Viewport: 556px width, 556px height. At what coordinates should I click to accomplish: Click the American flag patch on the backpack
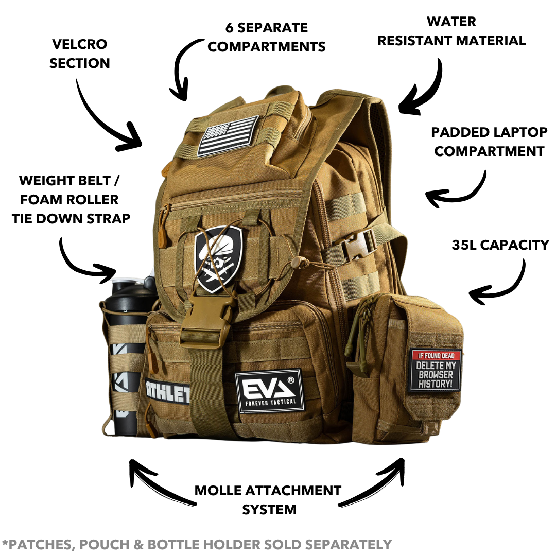click(228, 135)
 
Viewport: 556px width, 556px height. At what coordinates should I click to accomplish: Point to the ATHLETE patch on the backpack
click(167, 391)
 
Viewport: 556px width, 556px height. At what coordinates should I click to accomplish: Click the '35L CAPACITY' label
click(500, 245)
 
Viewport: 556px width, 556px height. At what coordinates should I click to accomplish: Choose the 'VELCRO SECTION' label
click(80, 54)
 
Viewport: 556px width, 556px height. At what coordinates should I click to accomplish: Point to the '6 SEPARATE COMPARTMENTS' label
click(267, 37)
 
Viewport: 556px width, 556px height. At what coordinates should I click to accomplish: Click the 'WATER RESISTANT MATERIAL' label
click(451, 31)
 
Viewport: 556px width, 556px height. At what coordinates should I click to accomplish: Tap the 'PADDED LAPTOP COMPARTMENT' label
click(490, 142)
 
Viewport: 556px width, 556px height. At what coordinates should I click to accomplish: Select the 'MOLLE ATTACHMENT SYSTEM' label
click(268, 500)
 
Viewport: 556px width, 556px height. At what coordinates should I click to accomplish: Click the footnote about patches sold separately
click(197, 544)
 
